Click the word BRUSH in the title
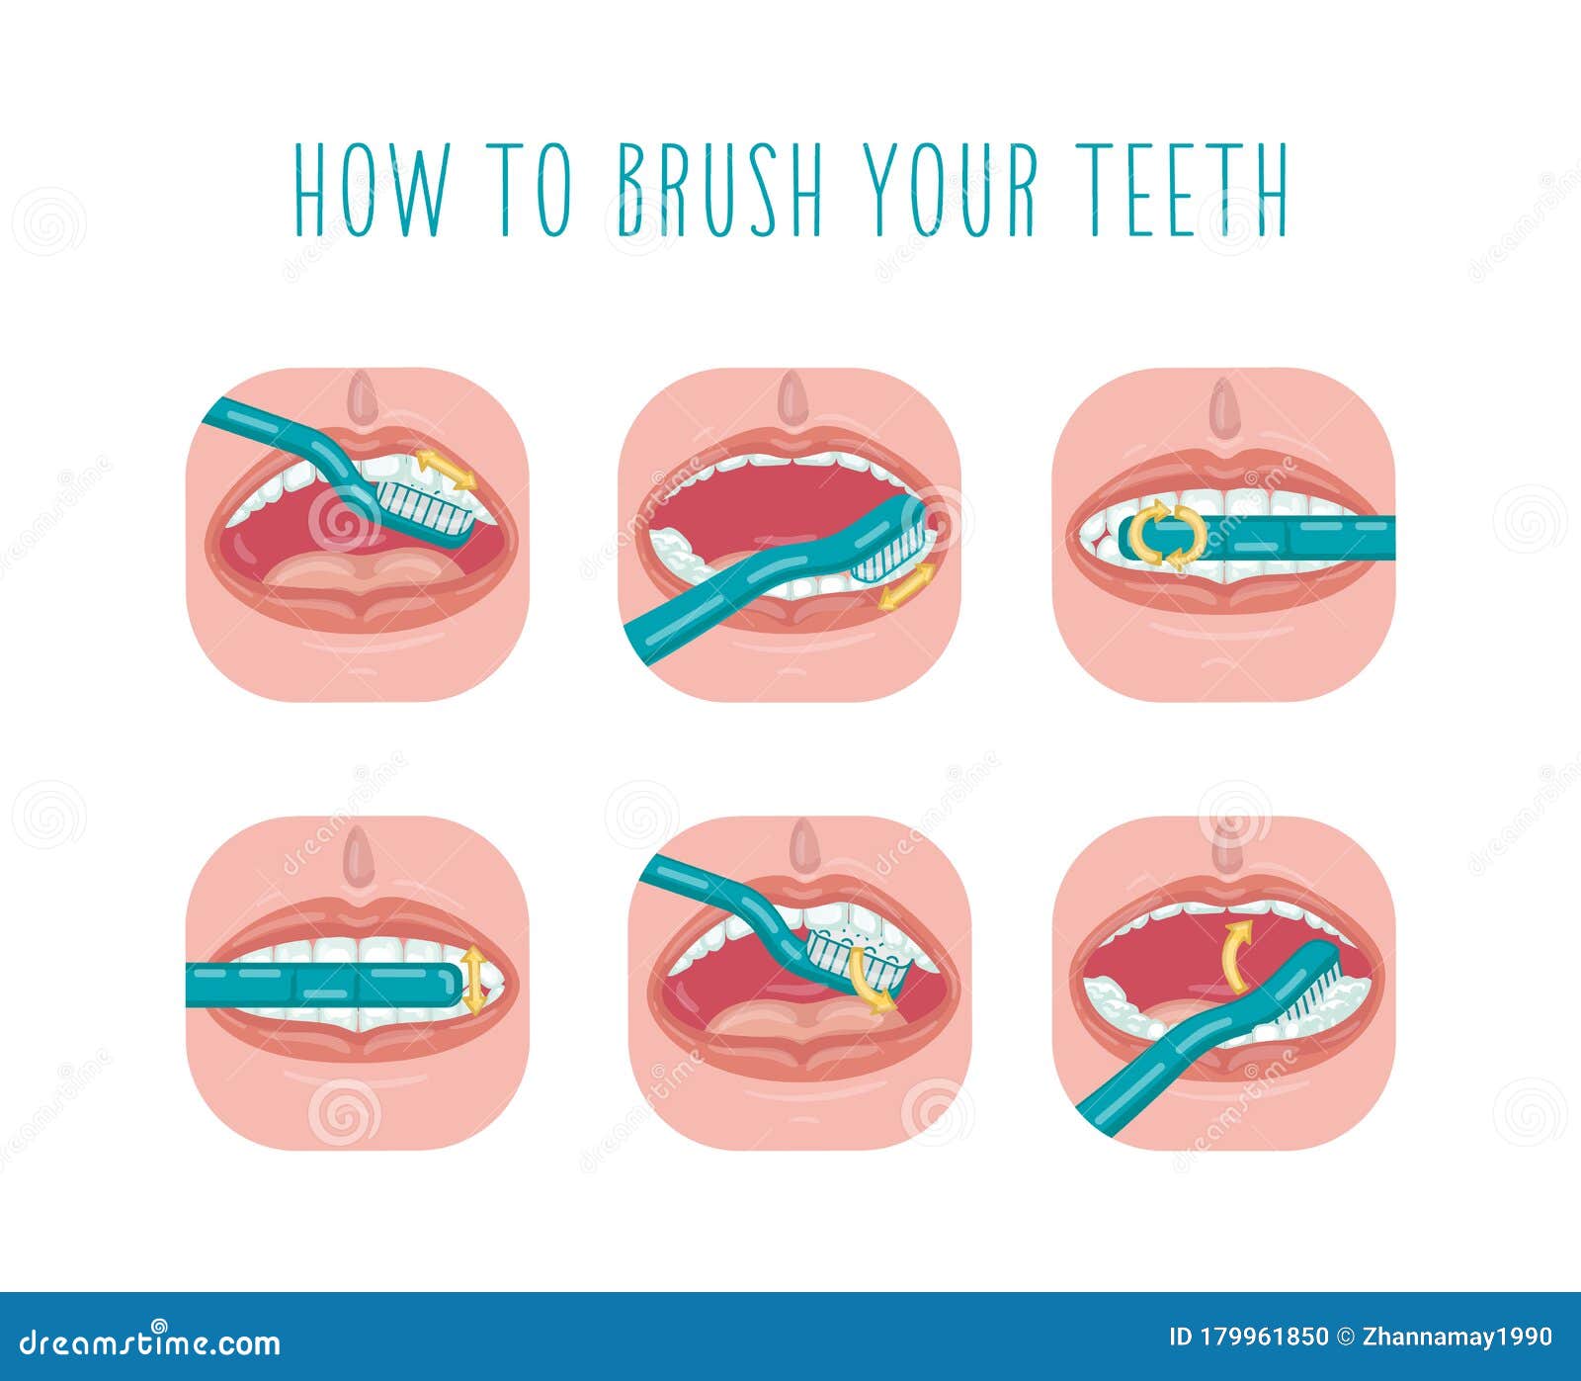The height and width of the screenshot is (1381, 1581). tap(719, 189)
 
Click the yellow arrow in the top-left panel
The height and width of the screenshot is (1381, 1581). tap(445, 469)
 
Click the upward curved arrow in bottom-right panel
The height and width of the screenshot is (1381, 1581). tap(1234, 954)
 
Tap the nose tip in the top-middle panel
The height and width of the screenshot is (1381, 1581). tap(791, 396)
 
